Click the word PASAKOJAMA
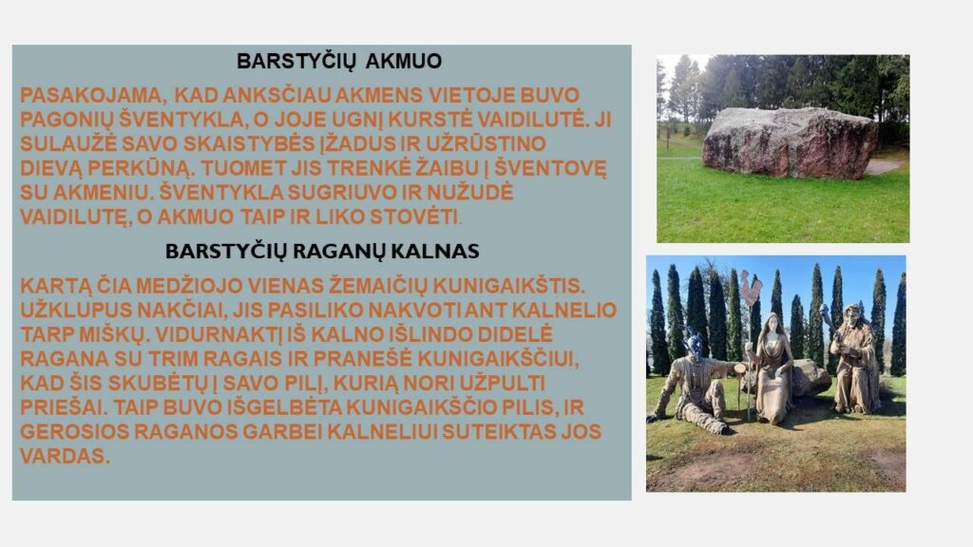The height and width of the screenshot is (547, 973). [x=91, y=96]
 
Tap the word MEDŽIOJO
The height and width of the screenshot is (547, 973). [x=190, y=286]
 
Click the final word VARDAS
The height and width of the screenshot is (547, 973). [x=66, y=456]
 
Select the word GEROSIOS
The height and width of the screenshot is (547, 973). [x=74, y=432]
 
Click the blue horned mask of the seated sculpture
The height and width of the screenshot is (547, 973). [x=694, y=344]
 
